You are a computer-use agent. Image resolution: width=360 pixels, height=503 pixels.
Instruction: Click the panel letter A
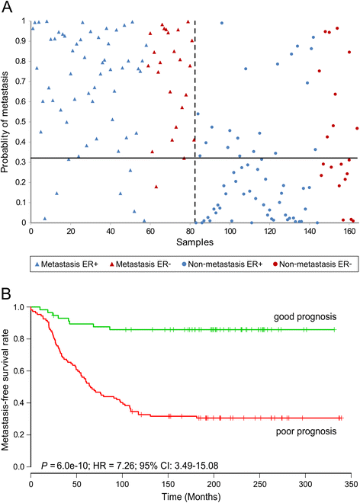pos(7,8)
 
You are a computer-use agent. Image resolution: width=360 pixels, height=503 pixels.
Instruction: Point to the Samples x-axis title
pos(194,243)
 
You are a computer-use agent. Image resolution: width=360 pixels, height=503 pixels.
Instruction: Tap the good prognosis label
pos(316,316)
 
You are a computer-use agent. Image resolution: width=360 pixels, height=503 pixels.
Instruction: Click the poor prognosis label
pos(317,433)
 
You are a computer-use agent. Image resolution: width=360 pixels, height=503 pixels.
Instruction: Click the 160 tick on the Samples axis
pos(348,231)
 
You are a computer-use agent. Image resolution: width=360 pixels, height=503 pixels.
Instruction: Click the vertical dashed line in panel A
pos(194,114)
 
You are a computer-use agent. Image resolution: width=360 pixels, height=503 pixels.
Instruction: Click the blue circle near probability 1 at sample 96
pos(222,23)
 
